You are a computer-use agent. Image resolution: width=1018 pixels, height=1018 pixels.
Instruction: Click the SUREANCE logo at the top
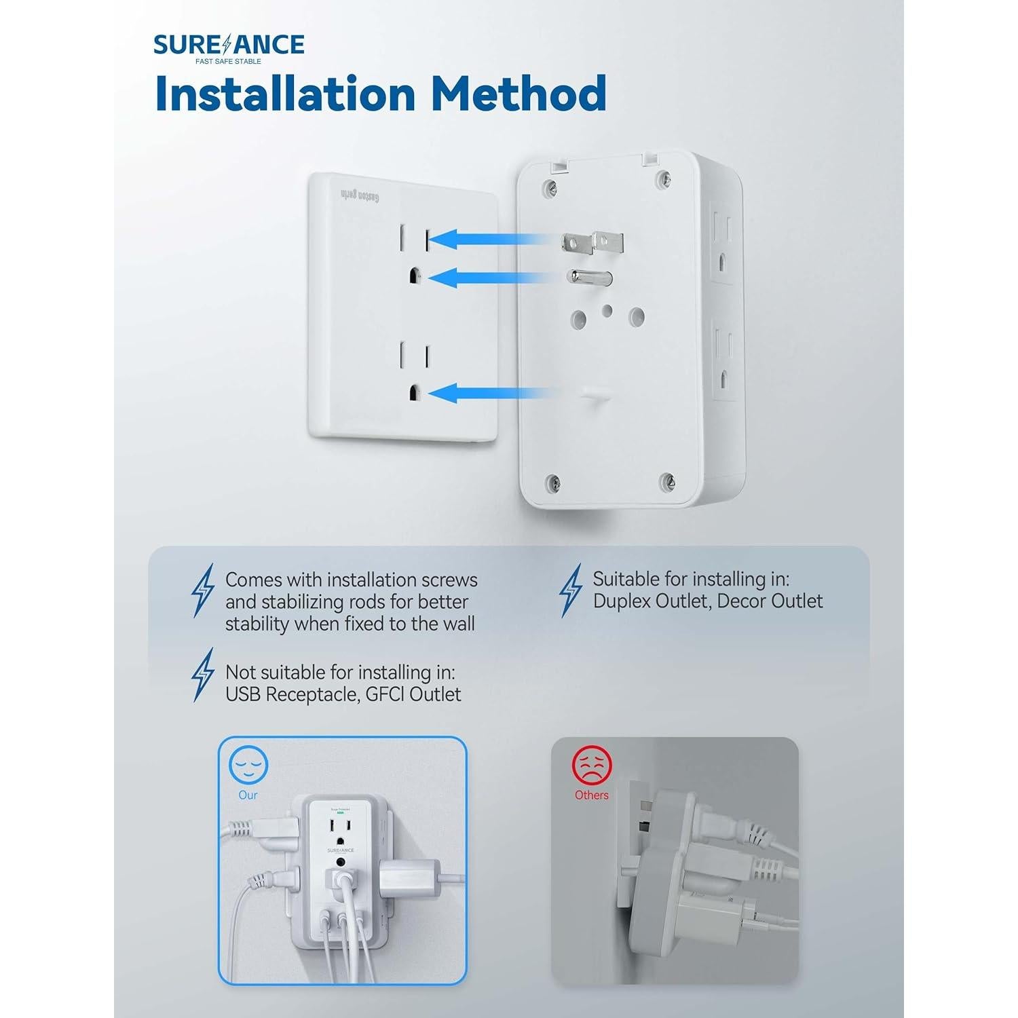[229, 45]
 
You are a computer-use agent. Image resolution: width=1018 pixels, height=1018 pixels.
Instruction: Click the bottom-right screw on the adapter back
[667, 481]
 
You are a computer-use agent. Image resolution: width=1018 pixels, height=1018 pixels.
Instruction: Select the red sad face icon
[592, 766]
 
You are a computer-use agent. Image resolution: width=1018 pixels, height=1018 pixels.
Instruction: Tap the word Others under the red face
[592, 795]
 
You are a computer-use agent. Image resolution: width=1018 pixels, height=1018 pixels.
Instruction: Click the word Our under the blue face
[248, 795]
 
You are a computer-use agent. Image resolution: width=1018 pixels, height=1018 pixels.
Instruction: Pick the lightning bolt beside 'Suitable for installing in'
[571, 590]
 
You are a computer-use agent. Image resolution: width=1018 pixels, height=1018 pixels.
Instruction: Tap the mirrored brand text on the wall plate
[359, 196]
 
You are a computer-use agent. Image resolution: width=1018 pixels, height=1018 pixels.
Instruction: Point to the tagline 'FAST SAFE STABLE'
[228, 61]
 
